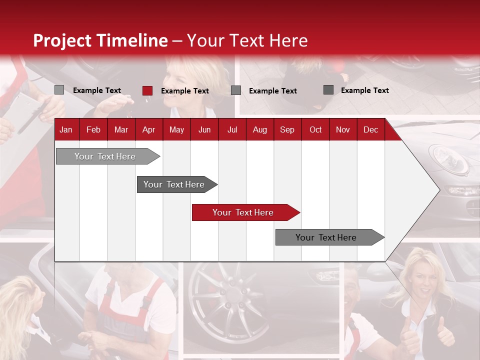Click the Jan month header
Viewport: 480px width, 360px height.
click(66, 129)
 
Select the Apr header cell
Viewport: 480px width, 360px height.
click(148, 129)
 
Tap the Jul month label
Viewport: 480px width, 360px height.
click(232, 129)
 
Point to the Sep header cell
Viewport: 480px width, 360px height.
click(287, 129)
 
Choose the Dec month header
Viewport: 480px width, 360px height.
click(370, 129)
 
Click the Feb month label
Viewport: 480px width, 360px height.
click(93, 129)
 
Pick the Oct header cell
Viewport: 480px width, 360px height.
click(315, 129)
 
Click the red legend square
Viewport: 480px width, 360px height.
click(147, 90)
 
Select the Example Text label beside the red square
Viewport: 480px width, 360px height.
click(184, 91)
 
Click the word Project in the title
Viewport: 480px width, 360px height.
click(63, 40)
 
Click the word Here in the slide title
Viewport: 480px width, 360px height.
click(288, 40)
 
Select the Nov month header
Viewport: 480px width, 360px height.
click(343, 129)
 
